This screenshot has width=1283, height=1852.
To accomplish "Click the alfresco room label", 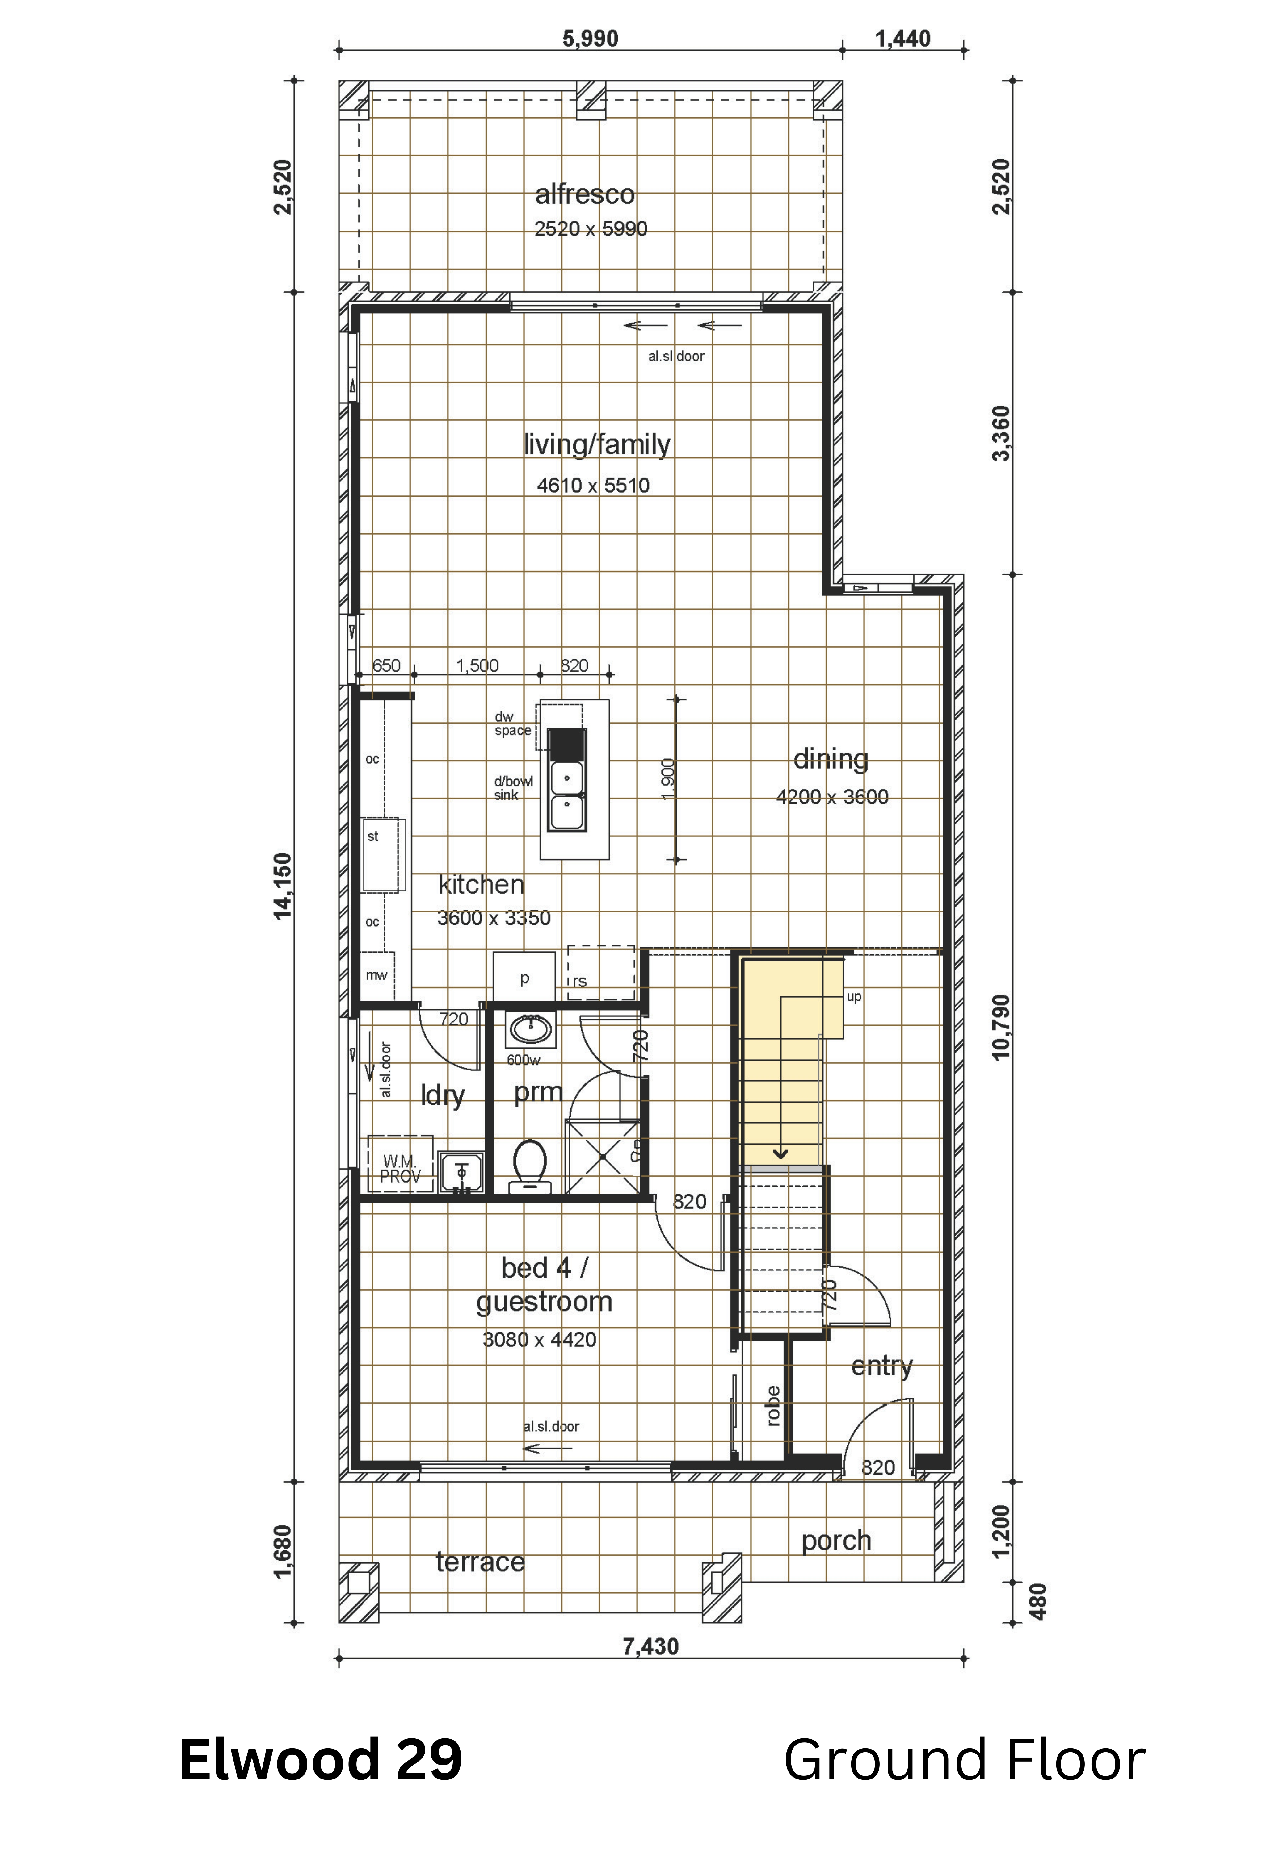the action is point(584,194).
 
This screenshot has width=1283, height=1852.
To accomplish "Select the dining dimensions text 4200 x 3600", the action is point(832,797).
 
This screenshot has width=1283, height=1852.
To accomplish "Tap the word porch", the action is point(836,1541).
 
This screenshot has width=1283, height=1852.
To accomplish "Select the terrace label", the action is point(480,1562).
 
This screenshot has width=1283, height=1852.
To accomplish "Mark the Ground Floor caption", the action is point(964,1760).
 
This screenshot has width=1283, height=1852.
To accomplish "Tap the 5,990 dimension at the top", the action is point(590,39).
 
